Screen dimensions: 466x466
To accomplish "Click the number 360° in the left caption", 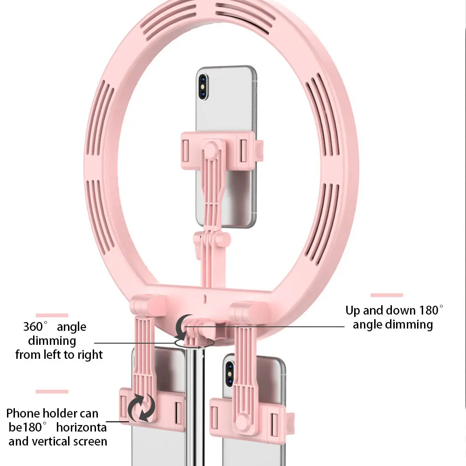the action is (x=36, y=327).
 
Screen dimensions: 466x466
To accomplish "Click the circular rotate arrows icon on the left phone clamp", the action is (x=141, y=407).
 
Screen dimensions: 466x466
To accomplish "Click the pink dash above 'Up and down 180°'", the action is (x=386, y=295).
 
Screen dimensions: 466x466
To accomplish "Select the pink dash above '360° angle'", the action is (x=52, y=315).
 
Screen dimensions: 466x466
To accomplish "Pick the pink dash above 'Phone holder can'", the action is (x=52, y=391).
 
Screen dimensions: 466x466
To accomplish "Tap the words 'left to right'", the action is (x=74, y=355).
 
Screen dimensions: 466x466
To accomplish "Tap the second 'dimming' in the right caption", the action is (x=392, y=324).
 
